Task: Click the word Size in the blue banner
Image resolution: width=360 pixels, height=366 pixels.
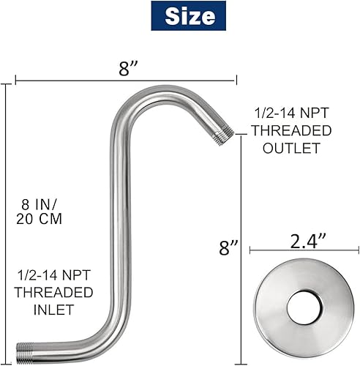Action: pyautogui.click(x=190, y=17)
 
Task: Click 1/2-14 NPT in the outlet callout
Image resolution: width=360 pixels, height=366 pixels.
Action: pyautogui.click(x=290, y=113)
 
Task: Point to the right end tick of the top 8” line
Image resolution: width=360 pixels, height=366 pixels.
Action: pyautogui.click(x=236, y=79)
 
